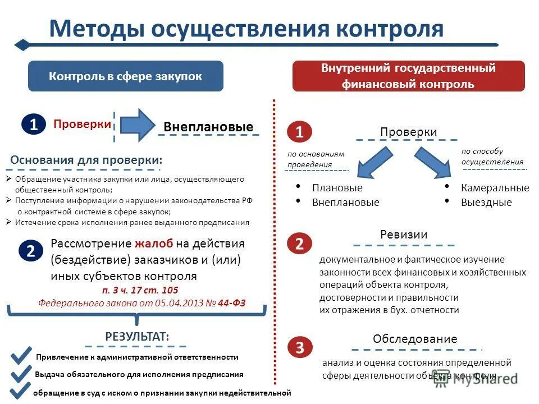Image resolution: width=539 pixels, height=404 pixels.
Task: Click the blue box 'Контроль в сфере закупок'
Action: [125, 76]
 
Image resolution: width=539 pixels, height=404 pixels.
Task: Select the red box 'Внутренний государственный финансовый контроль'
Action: [408, 76]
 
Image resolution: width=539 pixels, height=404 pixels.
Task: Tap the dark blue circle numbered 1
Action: [34, 125]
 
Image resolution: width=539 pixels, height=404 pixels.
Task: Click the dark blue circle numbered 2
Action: [31, 251]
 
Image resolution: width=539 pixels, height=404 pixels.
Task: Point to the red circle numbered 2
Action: [299, 243]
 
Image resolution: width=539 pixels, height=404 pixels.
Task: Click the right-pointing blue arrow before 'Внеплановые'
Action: [137, 125]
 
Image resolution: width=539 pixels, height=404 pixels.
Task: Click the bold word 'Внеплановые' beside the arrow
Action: [208, 127]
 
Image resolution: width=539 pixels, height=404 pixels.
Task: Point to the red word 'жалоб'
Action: [154, 244]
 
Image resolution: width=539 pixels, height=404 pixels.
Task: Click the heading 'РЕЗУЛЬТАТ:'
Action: [137, 336]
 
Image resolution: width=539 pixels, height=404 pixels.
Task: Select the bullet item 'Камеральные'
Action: [495, 188]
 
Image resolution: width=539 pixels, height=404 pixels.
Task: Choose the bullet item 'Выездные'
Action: [486, 203]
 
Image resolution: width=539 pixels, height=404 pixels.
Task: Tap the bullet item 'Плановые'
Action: [337, 188]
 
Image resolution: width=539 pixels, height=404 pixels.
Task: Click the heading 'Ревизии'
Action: [404, 235]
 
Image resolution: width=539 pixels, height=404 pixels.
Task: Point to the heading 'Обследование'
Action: [415, 339]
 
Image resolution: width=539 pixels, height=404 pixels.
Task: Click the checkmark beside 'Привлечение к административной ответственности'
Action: [21, 355]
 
